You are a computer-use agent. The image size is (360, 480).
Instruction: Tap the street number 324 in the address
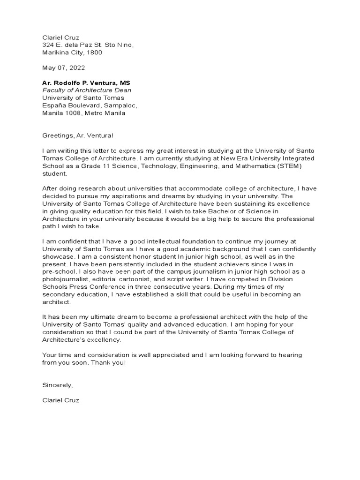[x=48, y=45]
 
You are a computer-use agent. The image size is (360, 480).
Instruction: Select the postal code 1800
[x=94, y=52]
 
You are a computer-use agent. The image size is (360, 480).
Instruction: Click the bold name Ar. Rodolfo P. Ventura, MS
[x=86, y=83]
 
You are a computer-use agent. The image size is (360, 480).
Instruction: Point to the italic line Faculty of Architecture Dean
[x=87, y=90]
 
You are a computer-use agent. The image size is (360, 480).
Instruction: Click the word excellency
[x=104, y=340]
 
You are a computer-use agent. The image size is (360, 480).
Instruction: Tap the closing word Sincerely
[x=58, y=385]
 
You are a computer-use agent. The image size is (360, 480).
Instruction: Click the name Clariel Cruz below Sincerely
[x=61, y=401]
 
